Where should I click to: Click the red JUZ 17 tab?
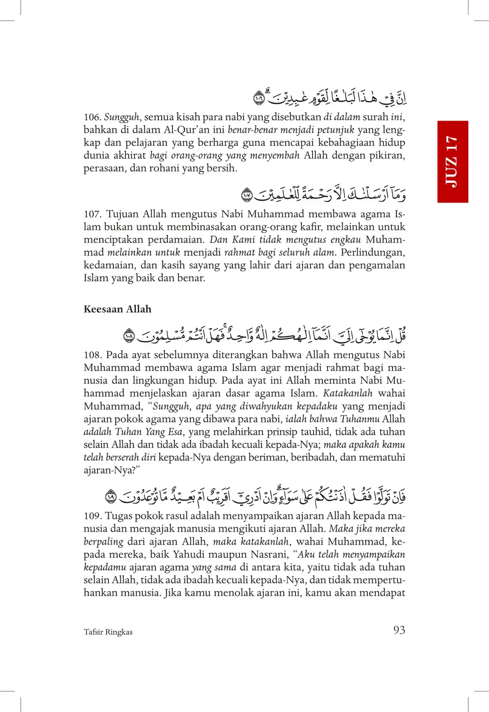453,161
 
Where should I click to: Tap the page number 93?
399,630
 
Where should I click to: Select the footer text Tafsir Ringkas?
108,632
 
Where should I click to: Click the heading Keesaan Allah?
117,309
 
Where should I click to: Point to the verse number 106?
92,117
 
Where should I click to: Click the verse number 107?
92,214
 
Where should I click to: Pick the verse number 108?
92,355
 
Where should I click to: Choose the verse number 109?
92,516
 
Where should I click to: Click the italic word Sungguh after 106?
122,117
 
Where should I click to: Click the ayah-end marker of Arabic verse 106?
259,98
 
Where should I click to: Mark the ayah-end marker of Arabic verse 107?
247,194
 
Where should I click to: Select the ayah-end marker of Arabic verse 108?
129,336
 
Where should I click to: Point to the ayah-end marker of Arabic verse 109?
110,497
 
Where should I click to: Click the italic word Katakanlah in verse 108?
347,393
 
